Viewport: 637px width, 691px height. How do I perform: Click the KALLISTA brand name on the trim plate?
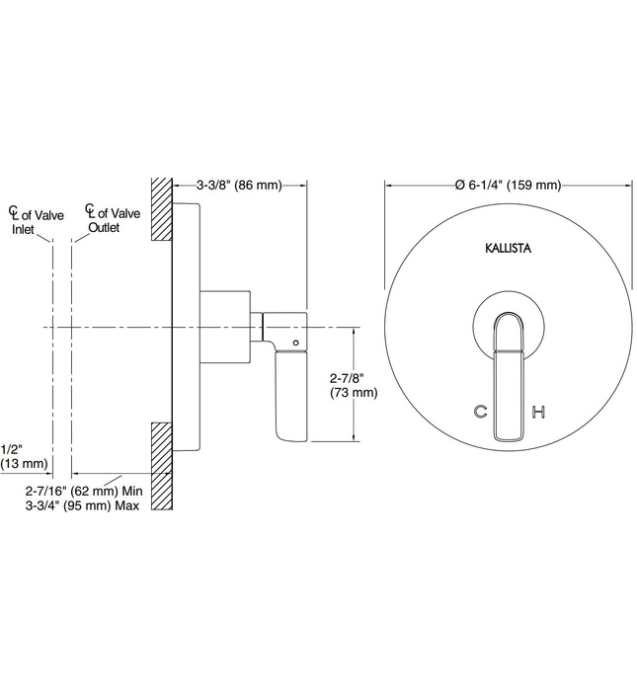[x=509, y=249]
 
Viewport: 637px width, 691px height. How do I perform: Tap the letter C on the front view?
[x=481, y=412]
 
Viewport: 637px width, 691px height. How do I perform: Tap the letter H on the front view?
[x=538, y=412]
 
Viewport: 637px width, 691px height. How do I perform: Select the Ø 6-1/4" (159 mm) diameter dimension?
[x=508, y=185]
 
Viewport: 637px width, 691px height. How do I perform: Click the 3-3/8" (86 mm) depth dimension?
[x=240, y=185]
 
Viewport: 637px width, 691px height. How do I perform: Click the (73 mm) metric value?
[x=353, y=393]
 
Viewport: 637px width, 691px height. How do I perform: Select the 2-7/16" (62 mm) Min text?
[x=85, y=491]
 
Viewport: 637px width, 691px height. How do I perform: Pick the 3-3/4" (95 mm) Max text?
[x=85, y=505]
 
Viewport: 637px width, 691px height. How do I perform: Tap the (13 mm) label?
[x=23, y=463]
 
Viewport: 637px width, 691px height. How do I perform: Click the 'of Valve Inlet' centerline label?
[x=32, y=221]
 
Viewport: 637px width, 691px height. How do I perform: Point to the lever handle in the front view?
[x=510, y=373]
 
